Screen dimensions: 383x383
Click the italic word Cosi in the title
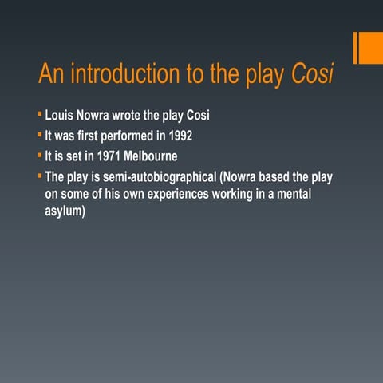click(311, 75)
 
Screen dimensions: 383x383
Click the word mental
click(310, 195)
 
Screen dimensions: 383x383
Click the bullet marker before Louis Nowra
click(39, 113)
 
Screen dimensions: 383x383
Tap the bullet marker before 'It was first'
click(39, 133)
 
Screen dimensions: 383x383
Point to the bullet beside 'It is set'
click(39, 154)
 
